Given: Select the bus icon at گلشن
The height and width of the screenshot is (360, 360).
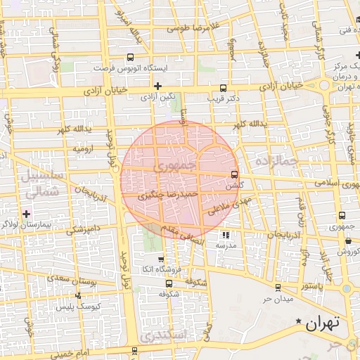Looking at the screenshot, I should point(234,174).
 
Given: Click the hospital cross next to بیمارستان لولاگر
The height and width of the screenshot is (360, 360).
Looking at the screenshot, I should point(27,213).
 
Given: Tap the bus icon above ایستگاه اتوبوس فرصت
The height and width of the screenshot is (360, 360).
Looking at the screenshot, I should point(130,58).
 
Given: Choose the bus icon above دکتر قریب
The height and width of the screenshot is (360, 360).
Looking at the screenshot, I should point(223,88).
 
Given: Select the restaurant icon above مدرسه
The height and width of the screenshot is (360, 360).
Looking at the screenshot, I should point(226,236).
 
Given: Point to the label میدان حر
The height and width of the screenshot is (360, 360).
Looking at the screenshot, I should point(277,298).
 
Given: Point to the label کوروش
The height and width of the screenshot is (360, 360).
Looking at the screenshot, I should point(348,251).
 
